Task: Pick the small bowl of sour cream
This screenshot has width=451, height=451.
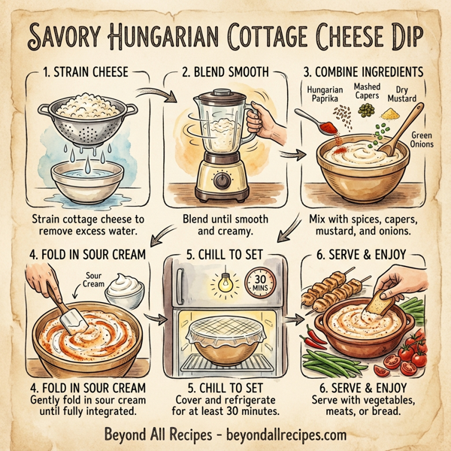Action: pos(126,290)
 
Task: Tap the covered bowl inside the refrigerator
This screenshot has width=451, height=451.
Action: pos(225,334)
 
